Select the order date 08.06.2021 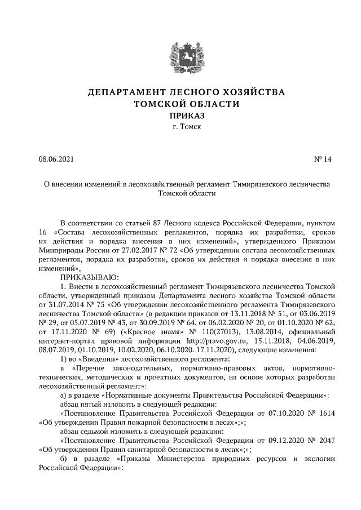tap(56, 159)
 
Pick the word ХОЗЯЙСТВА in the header tap(252, 92)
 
